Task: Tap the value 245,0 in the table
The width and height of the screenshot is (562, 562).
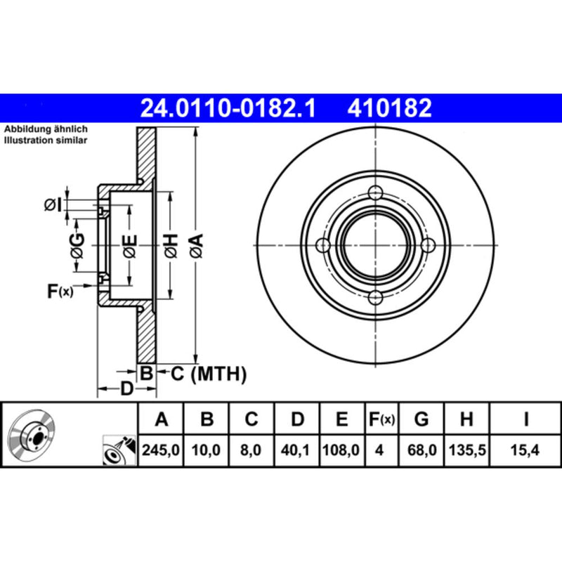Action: (162, 448)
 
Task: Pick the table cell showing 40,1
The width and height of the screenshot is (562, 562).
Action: (297, 448)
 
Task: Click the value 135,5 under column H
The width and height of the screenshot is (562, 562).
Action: (465, 448)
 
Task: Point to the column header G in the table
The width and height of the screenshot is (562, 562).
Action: (421, 420)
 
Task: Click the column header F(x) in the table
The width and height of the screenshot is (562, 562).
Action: (381, 420)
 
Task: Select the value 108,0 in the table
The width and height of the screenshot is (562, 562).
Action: (341, 448)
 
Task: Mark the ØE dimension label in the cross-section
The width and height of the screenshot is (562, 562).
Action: (130, 246)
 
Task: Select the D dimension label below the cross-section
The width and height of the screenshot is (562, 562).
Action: (126, 388)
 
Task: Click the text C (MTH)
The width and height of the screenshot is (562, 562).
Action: (209, 374)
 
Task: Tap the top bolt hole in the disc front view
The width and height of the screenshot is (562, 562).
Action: (377, 193)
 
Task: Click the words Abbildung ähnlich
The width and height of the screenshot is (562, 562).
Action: (46, 130)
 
